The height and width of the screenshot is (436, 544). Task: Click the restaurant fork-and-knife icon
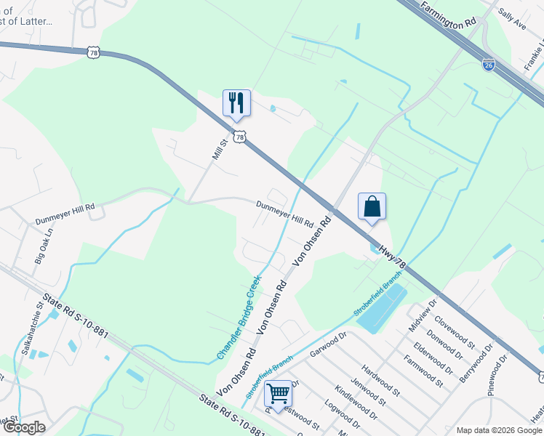[x=236, y=102]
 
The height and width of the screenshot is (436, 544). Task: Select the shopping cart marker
[x=278, y=393]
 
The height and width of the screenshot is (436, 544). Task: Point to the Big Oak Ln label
[x=44, y=247]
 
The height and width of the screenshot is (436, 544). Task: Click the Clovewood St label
[x=454, y=331]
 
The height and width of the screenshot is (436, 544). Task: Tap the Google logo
[x=24, y=427]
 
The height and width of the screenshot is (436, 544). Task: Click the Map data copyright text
[x=497, y=430]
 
